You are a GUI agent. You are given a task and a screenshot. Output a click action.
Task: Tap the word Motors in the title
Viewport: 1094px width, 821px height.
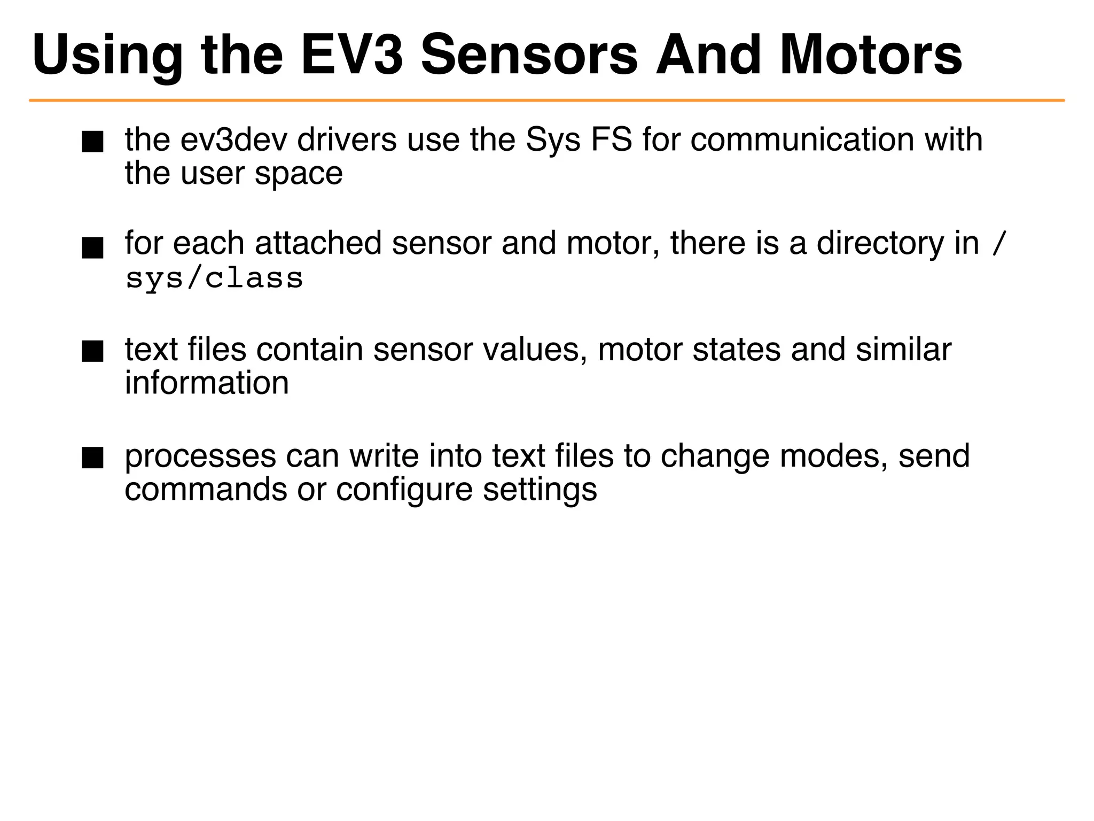coord(870,55)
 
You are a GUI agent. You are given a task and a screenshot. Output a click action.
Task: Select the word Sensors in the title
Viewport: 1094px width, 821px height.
coord(529,55)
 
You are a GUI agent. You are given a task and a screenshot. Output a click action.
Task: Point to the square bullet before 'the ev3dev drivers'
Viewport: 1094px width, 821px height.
coord(92,142)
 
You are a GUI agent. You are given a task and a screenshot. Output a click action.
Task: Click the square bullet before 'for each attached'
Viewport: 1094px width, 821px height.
coord(92,248)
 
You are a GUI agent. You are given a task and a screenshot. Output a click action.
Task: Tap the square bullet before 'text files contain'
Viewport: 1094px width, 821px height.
coord(92,352)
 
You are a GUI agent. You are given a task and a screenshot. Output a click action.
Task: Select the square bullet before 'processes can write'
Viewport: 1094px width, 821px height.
coord(92,458)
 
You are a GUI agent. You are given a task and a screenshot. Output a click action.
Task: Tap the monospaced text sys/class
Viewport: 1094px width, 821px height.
coord(214,278)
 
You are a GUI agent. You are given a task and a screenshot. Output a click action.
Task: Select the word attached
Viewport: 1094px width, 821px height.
coord(318,244)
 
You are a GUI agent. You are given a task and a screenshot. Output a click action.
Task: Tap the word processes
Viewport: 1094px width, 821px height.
coord(200,457)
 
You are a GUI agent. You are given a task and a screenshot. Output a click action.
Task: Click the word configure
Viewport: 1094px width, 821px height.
coord(404,490)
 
